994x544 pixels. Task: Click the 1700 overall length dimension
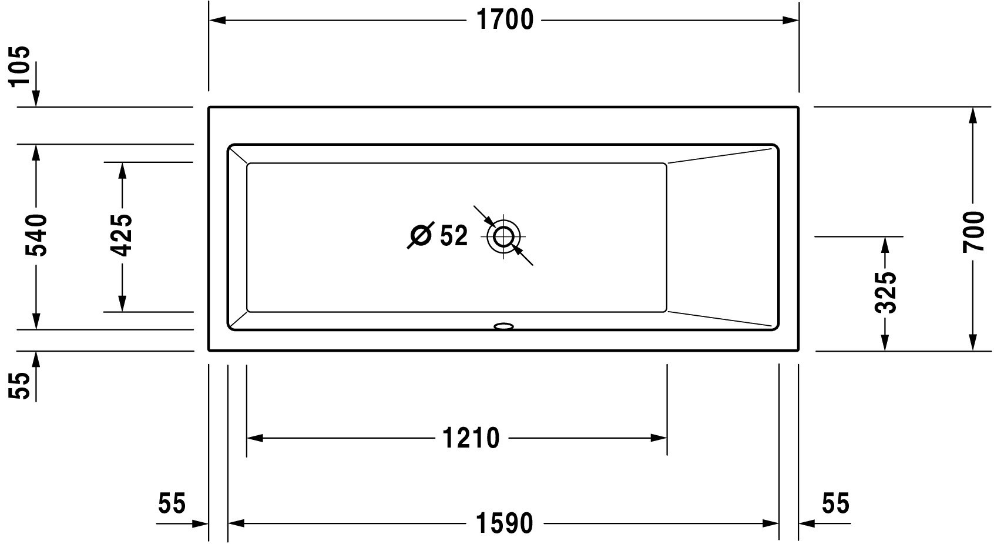point(505,20)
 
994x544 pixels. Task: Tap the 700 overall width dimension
point(973,232)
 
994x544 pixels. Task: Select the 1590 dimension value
point(504,523)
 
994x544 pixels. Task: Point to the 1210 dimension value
point(471,438)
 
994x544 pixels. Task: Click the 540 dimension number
point(36,235)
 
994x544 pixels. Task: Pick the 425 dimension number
point(121,235)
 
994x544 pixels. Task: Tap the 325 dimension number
point(886,292)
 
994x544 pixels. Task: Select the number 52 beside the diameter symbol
point(454,235)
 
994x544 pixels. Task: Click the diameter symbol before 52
point(420,235)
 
